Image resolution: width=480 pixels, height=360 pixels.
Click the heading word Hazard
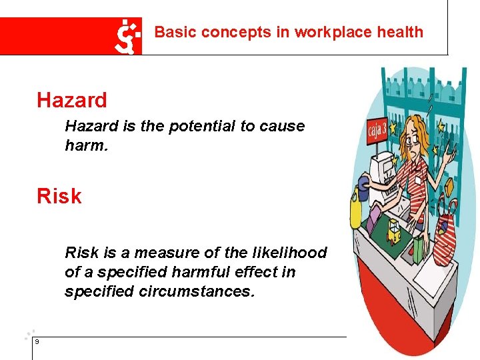click(72, 101)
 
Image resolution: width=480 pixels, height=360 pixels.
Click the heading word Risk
click(59, 197)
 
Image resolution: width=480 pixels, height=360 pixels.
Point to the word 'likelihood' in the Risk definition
click(293, 253)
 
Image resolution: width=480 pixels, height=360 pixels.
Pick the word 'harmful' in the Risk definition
click(202, 272)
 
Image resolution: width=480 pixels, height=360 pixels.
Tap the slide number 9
click(37, 341)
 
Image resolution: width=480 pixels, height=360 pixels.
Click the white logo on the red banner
click(127, 35)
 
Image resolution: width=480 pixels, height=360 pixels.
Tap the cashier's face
click(413, 141)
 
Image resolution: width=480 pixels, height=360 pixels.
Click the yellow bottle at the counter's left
click(356, 211)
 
